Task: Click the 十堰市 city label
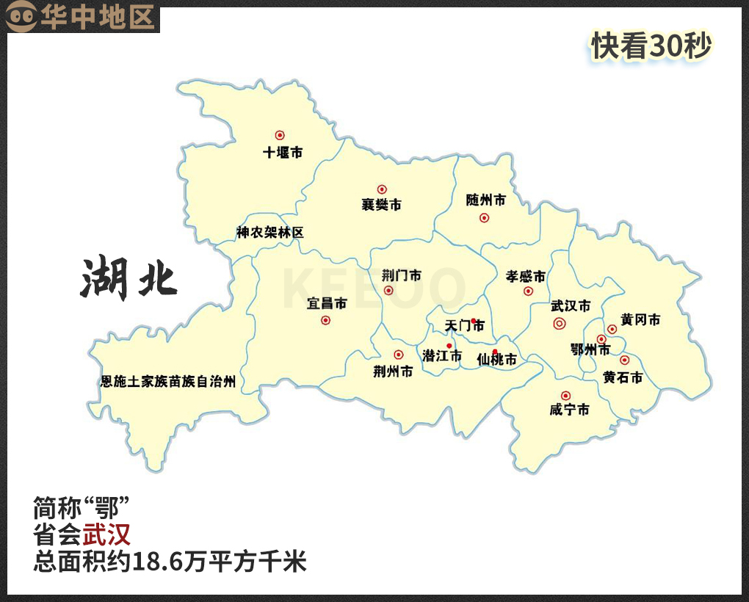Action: (x=283, y=153)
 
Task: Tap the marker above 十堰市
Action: (x=280, y=135)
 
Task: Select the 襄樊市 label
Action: (x=381, y=205)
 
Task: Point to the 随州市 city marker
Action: (x=484, y=217)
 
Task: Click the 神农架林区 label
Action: (x=269, y=233)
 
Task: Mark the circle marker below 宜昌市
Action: (x=326, y=320)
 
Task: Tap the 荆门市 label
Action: (x=401, y=276)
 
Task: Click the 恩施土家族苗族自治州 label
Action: (x=168, y=382)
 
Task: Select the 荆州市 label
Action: (x=393, y=371)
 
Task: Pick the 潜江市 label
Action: (x=442, y=356)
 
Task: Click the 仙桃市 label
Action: (x=496, y=360)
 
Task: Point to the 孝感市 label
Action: (x=526, y=277)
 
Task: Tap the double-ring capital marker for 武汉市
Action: (x=559, y=323)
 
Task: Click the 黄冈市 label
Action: (x=640, y=320)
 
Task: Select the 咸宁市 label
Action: (x=569, y=410)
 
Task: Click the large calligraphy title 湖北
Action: (x=129, y=278)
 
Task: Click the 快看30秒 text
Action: (x=651, y=46)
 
